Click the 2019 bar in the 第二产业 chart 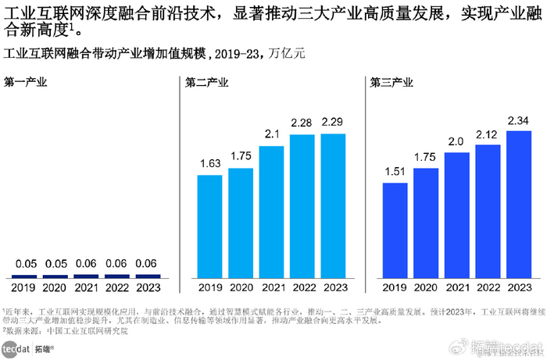pos(209,226)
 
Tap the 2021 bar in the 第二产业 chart pos(272,212)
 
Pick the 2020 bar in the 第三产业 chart pos(426,223)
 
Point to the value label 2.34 pos(519,120)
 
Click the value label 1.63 pos(209,165)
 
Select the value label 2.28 pos(303,123)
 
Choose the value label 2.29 pos(334,123)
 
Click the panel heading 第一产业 pos(25,82)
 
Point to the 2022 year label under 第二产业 pos(303,287)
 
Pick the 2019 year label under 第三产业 pos(395,287)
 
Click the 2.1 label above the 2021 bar pos(272,135)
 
